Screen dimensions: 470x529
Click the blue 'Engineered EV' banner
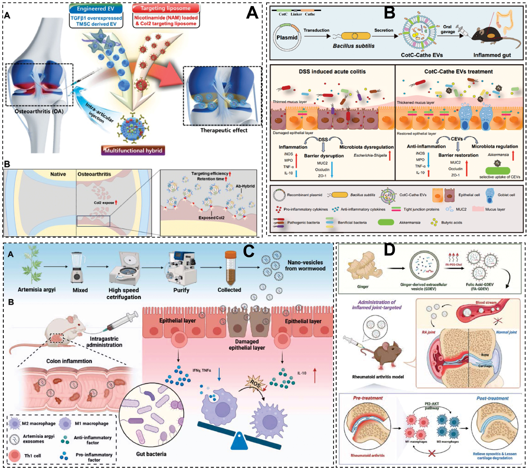click(x=96, y=9)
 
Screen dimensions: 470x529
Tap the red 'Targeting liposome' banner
click(x=165, y=8)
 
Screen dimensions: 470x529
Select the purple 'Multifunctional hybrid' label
click(x=133, y=150)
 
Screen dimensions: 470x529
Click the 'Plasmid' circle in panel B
click(x=287, y=37)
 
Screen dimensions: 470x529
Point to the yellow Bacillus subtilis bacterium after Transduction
click(x=356, y=36)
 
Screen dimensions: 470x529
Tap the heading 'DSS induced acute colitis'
click(x=332, y=71)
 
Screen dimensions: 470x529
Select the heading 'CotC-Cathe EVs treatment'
click(x=458, y=71)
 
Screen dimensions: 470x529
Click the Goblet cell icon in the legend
click(x=489, y=195)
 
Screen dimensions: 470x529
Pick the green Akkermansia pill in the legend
click(x=386, y=222)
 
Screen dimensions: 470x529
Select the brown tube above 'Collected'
click(x=230, y=268)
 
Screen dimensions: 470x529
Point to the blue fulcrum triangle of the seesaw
click(x=239, y=440)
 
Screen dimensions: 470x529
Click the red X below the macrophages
click(x=432, y=453)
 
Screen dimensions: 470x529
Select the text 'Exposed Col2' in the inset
click(x=211, y=218)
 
